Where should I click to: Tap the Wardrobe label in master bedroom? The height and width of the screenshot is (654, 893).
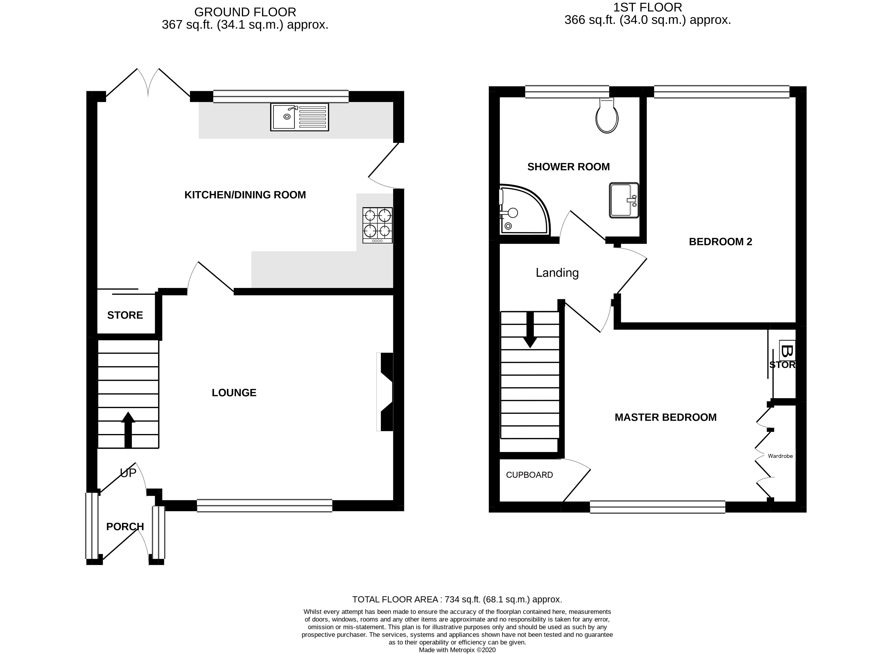pos(780,456)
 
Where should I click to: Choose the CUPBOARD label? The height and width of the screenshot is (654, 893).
pos(529,475)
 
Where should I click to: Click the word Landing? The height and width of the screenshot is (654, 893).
pos(557,273)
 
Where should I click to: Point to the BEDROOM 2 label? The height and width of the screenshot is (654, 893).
pos(720,242)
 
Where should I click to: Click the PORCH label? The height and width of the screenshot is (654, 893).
pos(125,527)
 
